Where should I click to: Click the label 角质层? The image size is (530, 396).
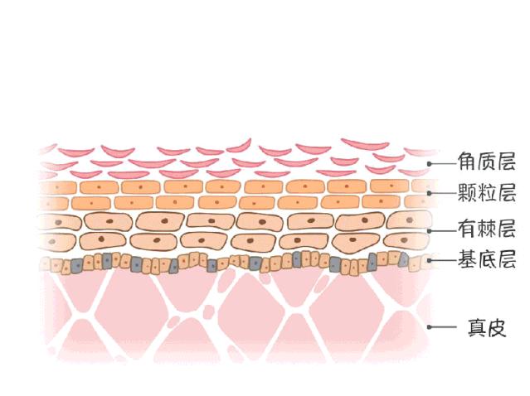pyautogui.click(x=487, y=162)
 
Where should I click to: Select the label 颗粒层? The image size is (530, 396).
pyautogui.click(x=487, y=193)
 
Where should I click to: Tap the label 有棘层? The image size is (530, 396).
pyautogui.click(x=487, y=229)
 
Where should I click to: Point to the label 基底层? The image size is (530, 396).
pyautogui.click(x=487, y=259)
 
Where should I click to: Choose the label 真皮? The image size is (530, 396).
pyautogui.click(x=487, y=327)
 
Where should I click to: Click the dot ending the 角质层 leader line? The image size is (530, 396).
pyautogui.click(x=430, y=164)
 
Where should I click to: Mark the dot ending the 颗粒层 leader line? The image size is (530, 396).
pyautogui.click(x=430, y=193)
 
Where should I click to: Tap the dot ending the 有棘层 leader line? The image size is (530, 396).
pyautogui.click(x=430, y=231)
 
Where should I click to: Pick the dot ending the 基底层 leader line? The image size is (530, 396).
pyautogui.click(x=430, y=260)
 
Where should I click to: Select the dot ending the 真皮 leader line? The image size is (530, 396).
pyautogui.click(x=430, y=327)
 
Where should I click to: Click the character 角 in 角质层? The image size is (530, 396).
pyautogui.click(x=467, y=162)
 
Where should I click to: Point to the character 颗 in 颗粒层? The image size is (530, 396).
pyautogui.click(x=467, y=193)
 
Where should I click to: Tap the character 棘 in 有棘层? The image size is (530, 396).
pyautogui.click(x=487, y=229)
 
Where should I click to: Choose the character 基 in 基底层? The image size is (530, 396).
pyautogui.click(x=467, y=259)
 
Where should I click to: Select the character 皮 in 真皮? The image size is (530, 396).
pyautogui.click(x=497, y=327)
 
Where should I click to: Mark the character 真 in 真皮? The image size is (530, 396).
pyautogui.click(x=477, y=327)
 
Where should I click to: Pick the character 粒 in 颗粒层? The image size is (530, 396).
pyautogui.click(x=487, y=193)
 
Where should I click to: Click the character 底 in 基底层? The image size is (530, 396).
pyautogui.click(x=487, y=259)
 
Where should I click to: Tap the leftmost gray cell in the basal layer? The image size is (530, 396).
pyautogui.click(x=77, y=266)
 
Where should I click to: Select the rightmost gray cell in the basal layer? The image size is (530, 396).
pyautogui.click(x=404, y=259)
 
